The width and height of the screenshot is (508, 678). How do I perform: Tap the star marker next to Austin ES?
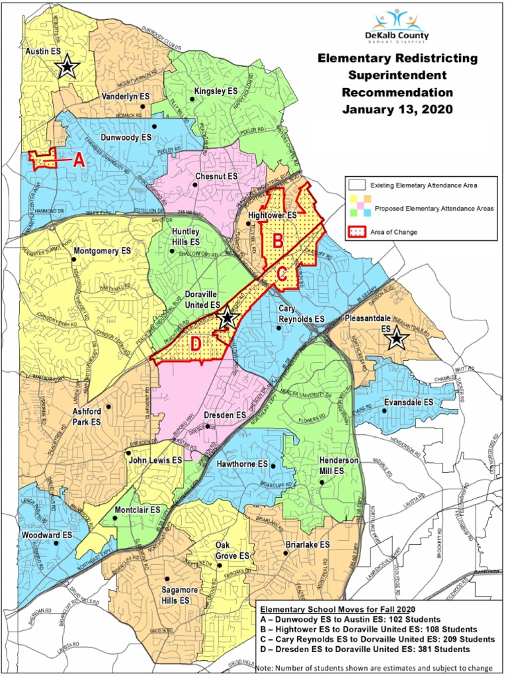click(x=67, y=67)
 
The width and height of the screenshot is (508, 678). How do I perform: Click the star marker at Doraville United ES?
click(x=228, y=317)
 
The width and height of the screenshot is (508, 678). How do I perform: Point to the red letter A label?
click(x=78, y=160)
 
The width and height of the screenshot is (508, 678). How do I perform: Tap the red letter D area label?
click(x=195, y=344)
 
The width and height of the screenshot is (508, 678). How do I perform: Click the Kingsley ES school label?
click(x=216, y=91)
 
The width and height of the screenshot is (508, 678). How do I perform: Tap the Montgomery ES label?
click(x=102, y=251)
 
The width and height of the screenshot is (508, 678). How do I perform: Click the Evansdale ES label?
click(x=409, y=402)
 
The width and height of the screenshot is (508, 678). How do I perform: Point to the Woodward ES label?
click(x=48, y=534)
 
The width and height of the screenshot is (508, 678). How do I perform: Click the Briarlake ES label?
click(x=307, y=544)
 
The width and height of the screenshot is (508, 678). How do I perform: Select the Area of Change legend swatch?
click(x=357, y=232)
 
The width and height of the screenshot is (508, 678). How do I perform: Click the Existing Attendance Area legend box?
click(x=357, y=185)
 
